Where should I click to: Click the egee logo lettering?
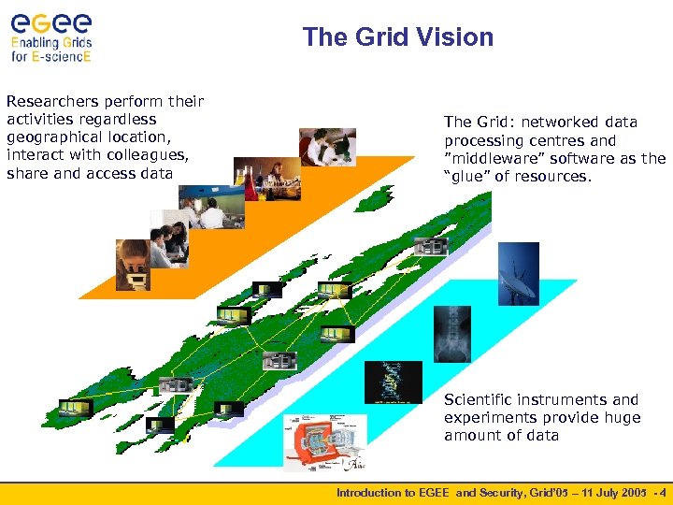(50, 21)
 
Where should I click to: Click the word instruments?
(569, 399)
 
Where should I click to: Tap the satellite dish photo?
(518, 273)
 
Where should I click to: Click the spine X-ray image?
(451, 334)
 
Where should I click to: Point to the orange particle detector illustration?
(323, 442)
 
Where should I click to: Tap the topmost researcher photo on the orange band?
(327, 147)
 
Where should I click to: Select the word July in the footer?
(606, 492)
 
